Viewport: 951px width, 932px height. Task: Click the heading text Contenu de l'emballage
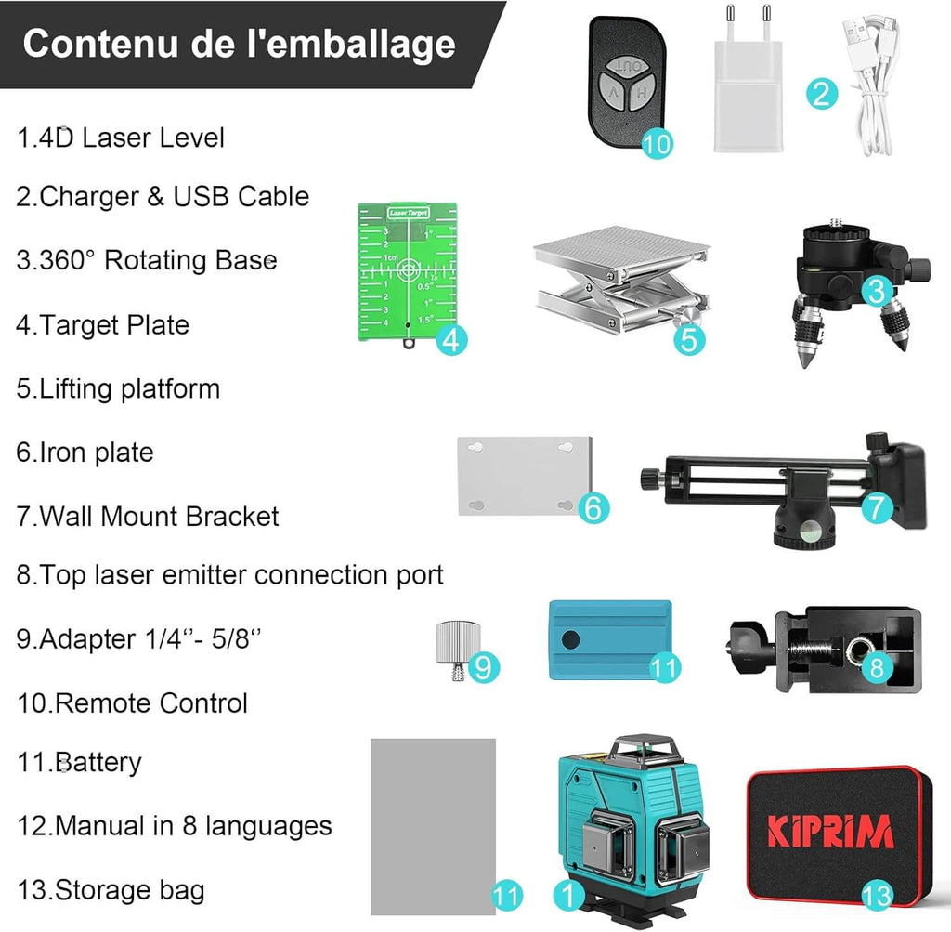239,45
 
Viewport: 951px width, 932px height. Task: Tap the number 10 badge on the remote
657,142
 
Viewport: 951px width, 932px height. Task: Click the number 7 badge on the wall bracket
877,507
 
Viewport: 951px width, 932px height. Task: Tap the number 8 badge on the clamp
877,665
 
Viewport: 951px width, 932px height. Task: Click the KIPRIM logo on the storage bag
831,830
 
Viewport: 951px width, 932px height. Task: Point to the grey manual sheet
433,822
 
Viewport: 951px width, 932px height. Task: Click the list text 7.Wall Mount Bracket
148,517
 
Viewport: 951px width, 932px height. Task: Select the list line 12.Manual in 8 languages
174,825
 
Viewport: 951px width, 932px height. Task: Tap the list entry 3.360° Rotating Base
147,260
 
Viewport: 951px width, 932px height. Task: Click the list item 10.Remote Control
132,702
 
